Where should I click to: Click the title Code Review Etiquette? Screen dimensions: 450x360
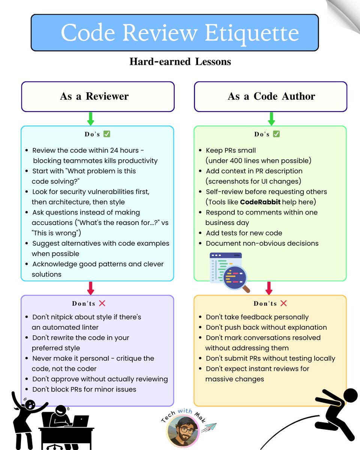180,33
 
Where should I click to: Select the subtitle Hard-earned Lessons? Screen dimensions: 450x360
180,61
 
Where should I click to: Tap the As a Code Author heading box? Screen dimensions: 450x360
271,96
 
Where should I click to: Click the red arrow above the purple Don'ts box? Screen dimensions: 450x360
90,288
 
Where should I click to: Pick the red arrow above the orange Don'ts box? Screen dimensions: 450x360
269,288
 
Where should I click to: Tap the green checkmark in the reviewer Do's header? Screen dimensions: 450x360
107,134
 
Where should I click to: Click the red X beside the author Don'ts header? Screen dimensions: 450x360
283,303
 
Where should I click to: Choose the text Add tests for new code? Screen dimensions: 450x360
244,233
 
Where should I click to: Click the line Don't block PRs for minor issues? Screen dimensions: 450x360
84,389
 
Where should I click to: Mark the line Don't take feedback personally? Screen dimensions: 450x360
257,317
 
